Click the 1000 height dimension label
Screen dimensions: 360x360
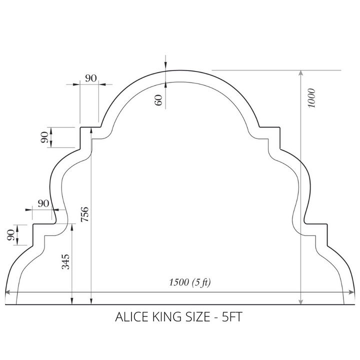(x=312, y=98)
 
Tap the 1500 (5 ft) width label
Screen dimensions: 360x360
(x=190, y=282)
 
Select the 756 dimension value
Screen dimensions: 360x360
(x=84, y=214)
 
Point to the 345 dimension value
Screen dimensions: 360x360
(x=65, y=261)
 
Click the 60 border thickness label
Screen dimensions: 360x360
(x=158, y=100)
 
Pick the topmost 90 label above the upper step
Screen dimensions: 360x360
(x=91, y=78)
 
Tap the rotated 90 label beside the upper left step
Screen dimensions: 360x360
(x=44, y=137)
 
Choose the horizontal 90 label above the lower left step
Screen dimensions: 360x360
(x=43, y=203)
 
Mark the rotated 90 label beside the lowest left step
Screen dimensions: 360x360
(x=11, y=235)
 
